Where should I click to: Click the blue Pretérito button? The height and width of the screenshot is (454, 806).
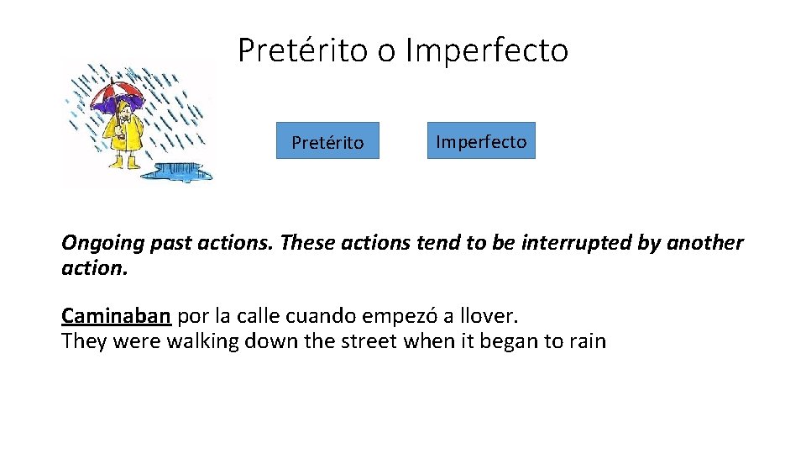coord(327,141)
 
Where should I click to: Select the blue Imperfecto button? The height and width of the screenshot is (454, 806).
coord(481,140)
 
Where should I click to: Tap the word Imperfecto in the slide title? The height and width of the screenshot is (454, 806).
coord(486,50)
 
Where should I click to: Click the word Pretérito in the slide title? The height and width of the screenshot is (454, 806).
coord(303,50)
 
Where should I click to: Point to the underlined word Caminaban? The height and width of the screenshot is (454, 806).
coord(116,316)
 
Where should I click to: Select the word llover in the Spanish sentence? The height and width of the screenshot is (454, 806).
coord(490,316)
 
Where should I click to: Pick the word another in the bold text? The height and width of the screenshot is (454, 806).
coord(704,244)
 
